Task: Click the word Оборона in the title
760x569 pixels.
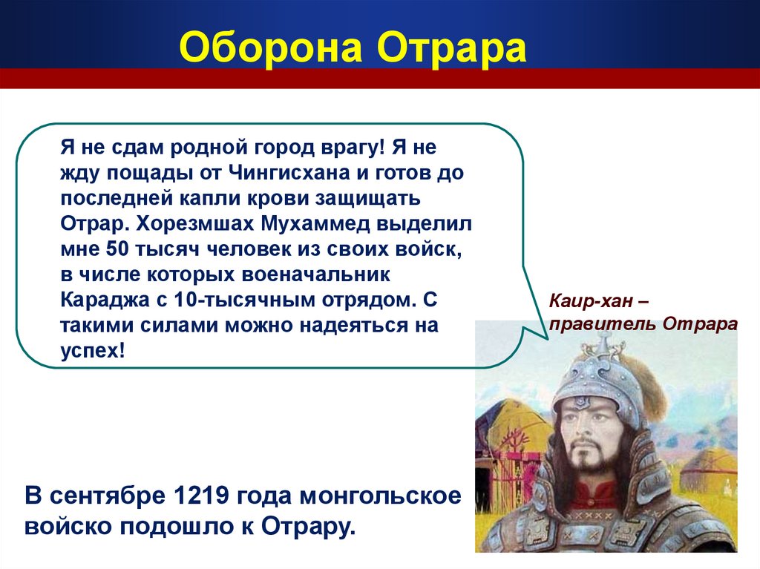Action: click(x=270, y=47)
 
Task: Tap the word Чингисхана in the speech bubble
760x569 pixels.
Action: click(x=289, y=172)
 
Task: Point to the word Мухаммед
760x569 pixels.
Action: click(x=315, y=223)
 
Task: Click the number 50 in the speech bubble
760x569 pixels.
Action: click(x=117, y=249)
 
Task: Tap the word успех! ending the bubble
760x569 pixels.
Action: click(x=93, y=351)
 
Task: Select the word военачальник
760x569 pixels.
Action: click(x=315, y=274)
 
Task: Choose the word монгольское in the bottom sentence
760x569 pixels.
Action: click(x=380, y=496)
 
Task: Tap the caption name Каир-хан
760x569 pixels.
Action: click(x=590, y=301)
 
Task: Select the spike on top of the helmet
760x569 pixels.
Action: click(x=603, y=339)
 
